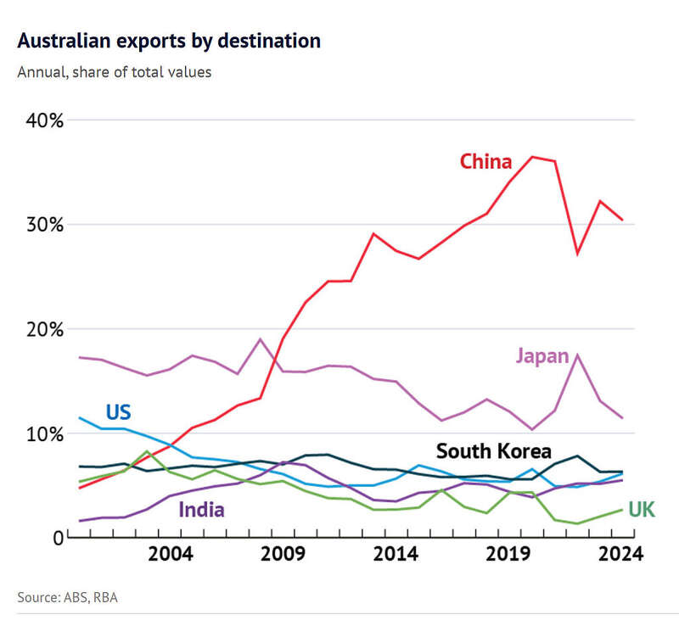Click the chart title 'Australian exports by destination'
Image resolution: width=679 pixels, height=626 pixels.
(x=169, y=41)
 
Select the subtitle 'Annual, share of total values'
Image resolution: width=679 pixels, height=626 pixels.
(x=115, y=72)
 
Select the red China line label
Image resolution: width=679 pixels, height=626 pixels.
(x=485, y=162)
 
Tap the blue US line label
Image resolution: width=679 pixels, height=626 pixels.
(x=118, y=413)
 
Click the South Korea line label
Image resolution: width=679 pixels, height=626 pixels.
(x=493, y=451)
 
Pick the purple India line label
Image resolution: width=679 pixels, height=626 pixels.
(x=201, y=510)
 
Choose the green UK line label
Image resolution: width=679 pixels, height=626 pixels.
(x=642, y=510)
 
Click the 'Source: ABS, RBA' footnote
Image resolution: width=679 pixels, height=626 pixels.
(x=67, y=598)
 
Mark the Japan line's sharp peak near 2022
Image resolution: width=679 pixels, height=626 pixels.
(x=577, y=355)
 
